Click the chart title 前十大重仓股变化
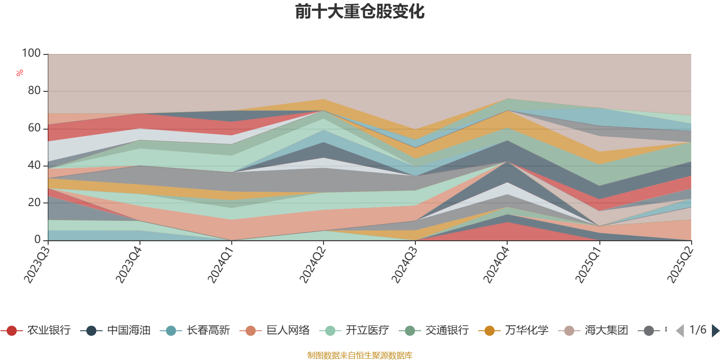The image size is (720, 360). click(360, 12)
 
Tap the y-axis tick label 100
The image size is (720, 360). click(31, 54)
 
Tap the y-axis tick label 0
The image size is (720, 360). click(37, 240)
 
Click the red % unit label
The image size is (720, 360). click(20, 73)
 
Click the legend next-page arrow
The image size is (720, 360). click(715, 331)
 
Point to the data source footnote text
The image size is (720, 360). click(360, 355)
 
